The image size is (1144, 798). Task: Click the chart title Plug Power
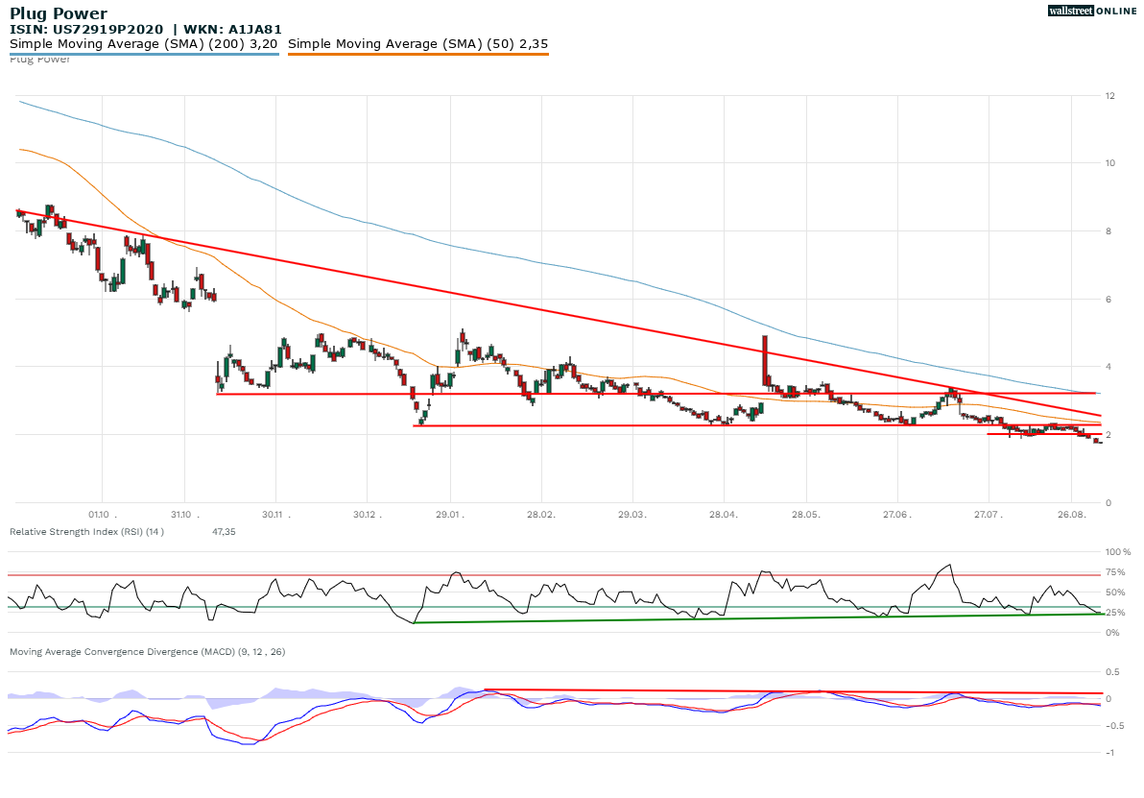click(x=59, y=14)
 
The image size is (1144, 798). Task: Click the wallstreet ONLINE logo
click(x=1090, y=10)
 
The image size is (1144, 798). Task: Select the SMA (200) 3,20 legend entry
click(x=144, y=43)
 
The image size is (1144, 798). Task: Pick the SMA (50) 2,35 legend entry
click(x=417, y=43)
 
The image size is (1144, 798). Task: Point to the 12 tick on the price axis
click(x=1109, y=96)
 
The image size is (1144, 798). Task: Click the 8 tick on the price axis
click(x=1109, y=231)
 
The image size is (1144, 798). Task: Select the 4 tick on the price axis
click(x=1109, y=367)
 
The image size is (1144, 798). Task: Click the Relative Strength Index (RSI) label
click(x=86, y=531)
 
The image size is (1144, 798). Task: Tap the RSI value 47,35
click(x=224, y=531)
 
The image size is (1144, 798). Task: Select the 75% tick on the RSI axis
click(x=1115, y=572)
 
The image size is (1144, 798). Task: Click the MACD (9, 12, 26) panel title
click(x=147, y=652)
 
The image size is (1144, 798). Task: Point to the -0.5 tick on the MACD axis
click(x=1113, y=726)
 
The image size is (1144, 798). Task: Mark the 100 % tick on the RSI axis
click(x=1117, y=552)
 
